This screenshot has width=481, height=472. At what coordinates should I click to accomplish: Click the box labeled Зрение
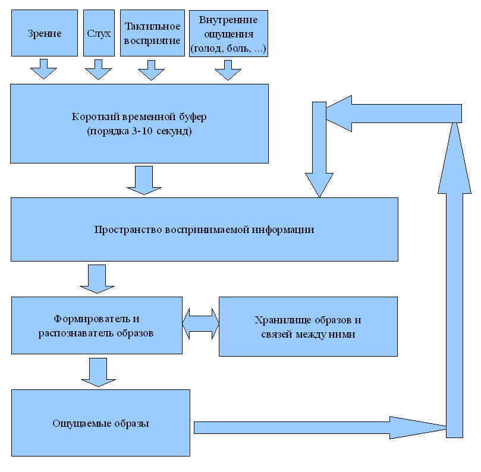tap(44, 33)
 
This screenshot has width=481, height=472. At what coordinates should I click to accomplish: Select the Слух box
tap(99, 33)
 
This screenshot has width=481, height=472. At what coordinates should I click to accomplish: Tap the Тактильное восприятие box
tap(152, 33)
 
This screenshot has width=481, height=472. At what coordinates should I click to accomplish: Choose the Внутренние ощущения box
tap(228, 33)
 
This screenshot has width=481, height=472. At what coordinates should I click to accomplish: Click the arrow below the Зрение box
tap(43, 70)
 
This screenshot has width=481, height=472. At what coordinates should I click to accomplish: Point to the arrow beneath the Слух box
tap(98, 70)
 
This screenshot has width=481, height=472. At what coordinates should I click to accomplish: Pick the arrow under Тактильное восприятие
tap(151, 70)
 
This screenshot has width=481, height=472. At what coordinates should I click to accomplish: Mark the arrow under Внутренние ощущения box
tap(228, 70)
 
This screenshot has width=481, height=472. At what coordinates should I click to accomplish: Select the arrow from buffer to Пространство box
tap(144, 180)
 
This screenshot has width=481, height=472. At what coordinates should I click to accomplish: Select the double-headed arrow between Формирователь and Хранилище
tap(201, 326)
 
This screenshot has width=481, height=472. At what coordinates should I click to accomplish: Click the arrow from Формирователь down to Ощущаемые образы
tap(96, 372)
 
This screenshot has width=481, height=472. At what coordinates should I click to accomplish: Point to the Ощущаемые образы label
tap(100, 424)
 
